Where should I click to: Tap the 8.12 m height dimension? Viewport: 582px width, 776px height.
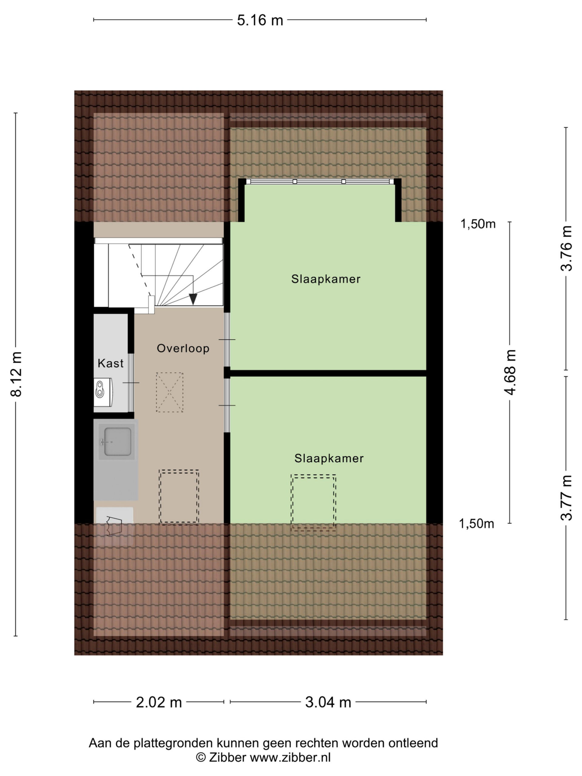(x=16, y=374)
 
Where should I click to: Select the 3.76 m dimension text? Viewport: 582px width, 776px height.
(x=566, y=248)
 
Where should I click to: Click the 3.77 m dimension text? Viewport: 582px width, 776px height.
(x=566, y=497)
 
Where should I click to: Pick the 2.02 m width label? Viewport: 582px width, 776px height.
(x=159, y=702)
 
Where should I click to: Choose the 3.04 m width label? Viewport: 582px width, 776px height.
(x=328, y=702)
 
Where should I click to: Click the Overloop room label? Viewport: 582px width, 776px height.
(x=183, y=348)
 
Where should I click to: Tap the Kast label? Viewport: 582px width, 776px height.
(x=111, y=363)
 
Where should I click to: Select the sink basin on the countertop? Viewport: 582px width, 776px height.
(x=116, y=442)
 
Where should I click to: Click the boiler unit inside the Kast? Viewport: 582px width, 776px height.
(x=103, y=392)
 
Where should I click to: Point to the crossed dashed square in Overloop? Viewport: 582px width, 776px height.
(x=169, y=392)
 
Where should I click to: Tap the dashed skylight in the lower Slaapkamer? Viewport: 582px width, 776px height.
(x=313, y=502)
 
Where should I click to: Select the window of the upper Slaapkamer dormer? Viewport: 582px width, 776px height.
(x=319, y=181)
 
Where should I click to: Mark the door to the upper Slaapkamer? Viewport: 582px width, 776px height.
(x=227, y=339)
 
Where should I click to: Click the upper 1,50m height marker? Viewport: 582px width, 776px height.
(x=478, y=224)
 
